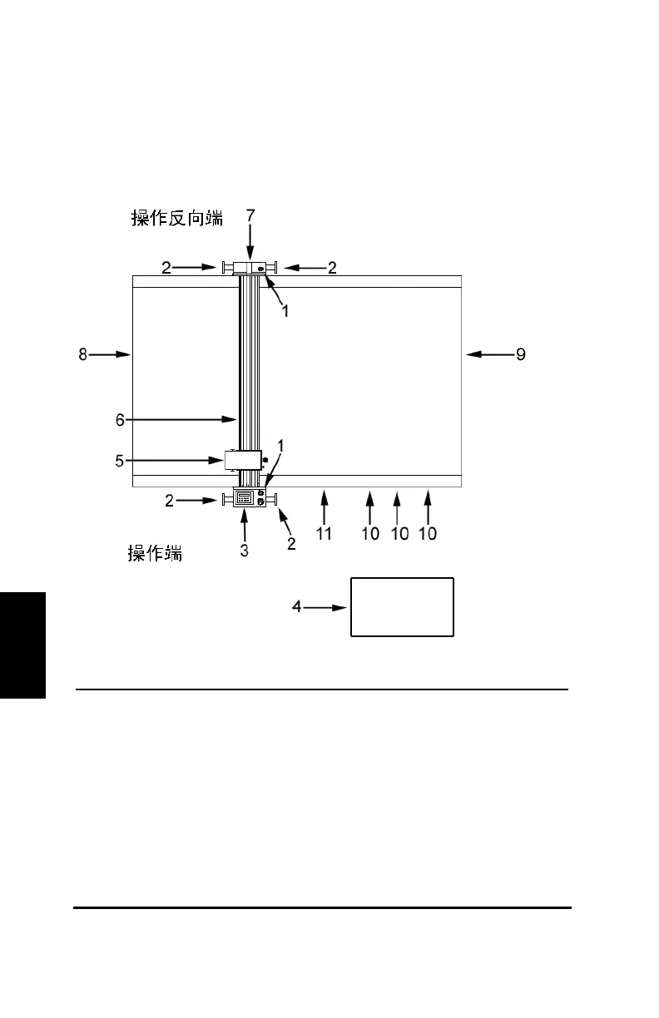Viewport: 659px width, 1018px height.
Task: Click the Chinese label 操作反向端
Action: [x=177, y=218]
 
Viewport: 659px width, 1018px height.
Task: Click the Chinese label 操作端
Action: [x=155, y=553]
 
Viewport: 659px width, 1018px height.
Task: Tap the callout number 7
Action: [x=250, y=215]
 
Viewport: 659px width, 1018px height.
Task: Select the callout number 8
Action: [x=82, y=354]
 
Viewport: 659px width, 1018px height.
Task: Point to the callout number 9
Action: [x=520, y=354]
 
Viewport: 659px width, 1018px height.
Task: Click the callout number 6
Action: [x=120, y=420]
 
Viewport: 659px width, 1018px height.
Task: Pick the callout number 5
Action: [x=120, y=459]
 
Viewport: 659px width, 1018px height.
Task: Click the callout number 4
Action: [x=297, y=607]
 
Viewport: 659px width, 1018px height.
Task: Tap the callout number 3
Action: [x=245, y=551]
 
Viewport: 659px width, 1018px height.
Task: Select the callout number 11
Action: [x=324, y=534]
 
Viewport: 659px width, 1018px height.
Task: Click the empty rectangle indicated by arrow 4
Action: [x=402, y=607]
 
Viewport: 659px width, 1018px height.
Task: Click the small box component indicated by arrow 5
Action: [x=243, y=459]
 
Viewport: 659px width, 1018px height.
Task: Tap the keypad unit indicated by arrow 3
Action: [x=245, y=499]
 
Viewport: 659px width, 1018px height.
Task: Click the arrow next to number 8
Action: [x=111, y=354]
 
